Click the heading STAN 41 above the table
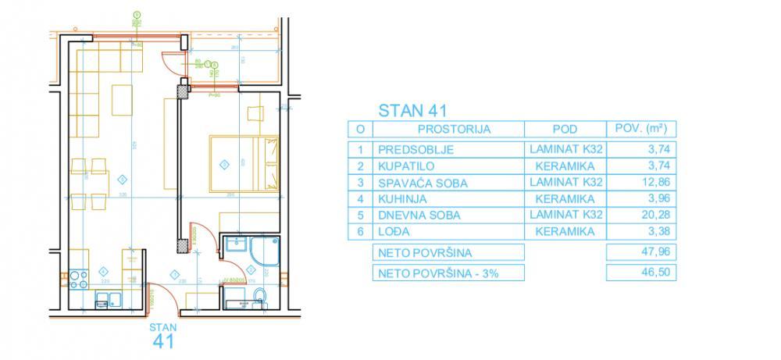[x=412, y=110]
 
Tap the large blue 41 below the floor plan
[x=162, y=340]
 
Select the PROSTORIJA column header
[x=454, y=130]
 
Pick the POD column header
[x=564, y=130]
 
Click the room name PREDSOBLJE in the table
[x=415, y=150]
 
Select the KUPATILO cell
[x=406, y=166]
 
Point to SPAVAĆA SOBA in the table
[x=423, y=183]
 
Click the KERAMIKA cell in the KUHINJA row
[x=565, y=198]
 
